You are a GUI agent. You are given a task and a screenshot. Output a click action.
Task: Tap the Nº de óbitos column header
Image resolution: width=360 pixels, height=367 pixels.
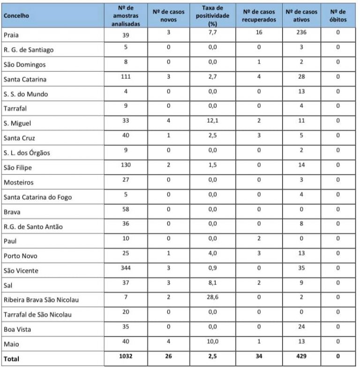[337, 15]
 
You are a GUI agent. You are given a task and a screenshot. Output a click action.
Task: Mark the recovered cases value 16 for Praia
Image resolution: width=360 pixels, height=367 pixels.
[259, 33]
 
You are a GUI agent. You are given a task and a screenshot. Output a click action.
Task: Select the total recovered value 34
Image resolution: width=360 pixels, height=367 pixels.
[259, 356]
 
